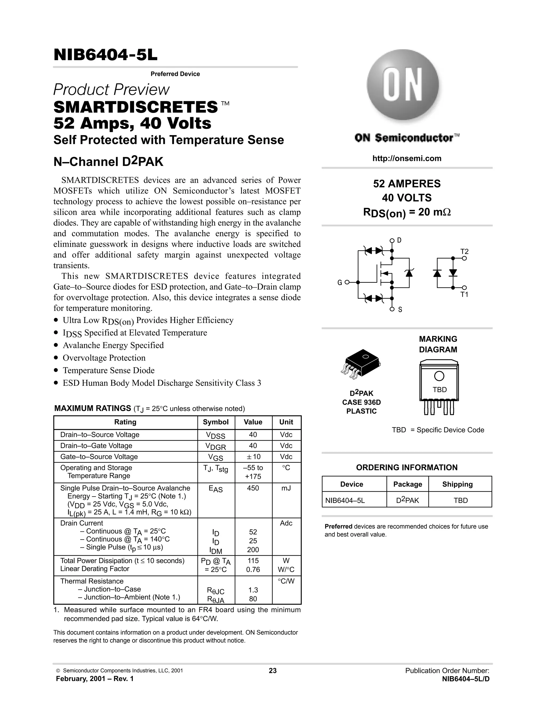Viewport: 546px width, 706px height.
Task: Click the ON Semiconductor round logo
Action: point(402,85)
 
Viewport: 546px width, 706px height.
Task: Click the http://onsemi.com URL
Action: point(407,159)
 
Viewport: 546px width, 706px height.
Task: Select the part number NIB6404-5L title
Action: point(106,55)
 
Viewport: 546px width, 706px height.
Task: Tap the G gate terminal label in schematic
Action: point(340,282)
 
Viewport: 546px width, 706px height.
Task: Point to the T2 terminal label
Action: point(464,251)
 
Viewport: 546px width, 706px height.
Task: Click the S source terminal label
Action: point(400,310)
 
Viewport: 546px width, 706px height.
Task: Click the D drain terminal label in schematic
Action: point(399,240)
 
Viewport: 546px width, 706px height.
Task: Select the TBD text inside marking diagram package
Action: point(439,390)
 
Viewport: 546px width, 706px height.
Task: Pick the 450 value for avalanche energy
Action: point(253,488)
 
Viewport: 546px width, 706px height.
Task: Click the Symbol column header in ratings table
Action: point(215,422)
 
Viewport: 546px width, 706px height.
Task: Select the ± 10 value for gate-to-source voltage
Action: point(253,456)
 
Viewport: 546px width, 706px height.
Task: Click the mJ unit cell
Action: point(286,488)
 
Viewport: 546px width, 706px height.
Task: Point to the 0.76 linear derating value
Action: point(253,570)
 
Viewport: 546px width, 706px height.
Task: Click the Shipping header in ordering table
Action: point(457,484)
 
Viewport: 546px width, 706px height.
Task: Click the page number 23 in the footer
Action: point(272,671)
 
